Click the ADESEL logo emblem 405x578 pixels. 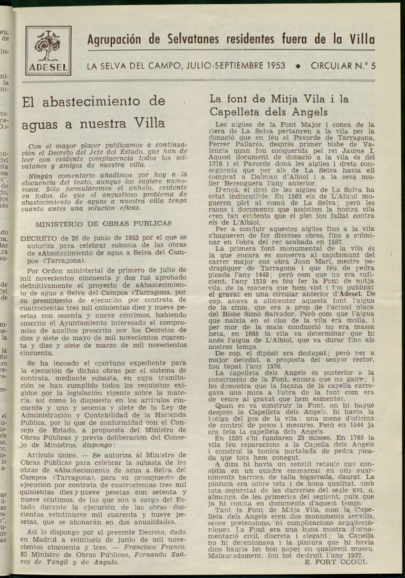[x=48, y=51]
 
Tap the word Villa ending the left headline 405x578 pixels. [x=150, y=123]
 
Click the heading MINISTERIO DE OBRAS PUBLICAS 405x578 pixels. [x=103, y=223]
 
